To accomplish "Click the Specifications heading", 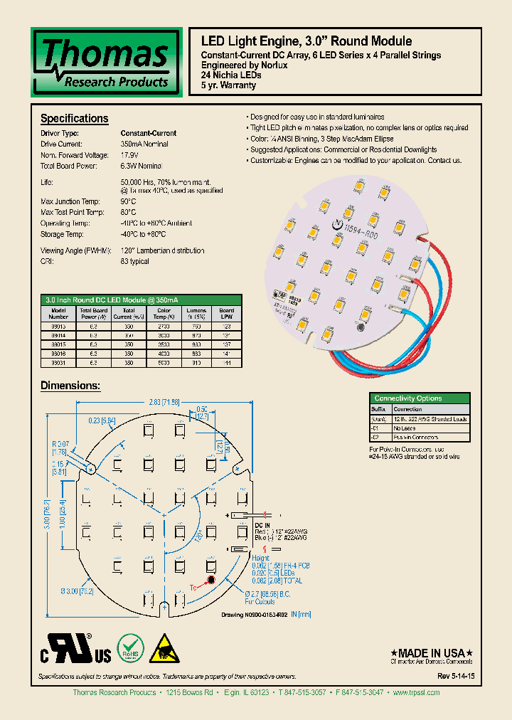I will point(74,119).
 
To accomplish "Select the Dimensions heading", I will point(70,386).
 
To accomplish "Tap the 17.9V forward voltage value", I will point(131,154).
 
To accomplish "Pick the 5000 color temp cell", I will point(164,362).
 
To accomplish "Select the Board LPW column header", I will point(226,313).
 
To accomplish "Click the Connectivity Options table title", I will point(407,398).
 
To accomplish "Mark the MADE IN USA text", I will point(432,653).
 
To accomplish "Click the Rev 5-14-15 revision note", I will point(455,676).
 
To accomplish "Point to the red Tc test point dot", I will point(211,580).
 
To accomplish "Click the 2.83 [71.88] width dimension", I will point(165,403).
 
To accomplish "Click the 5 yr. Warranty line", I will point(228,85).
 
